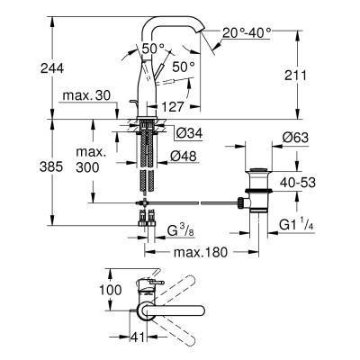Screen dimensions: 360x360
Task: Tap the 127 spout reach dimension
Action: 179,105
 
